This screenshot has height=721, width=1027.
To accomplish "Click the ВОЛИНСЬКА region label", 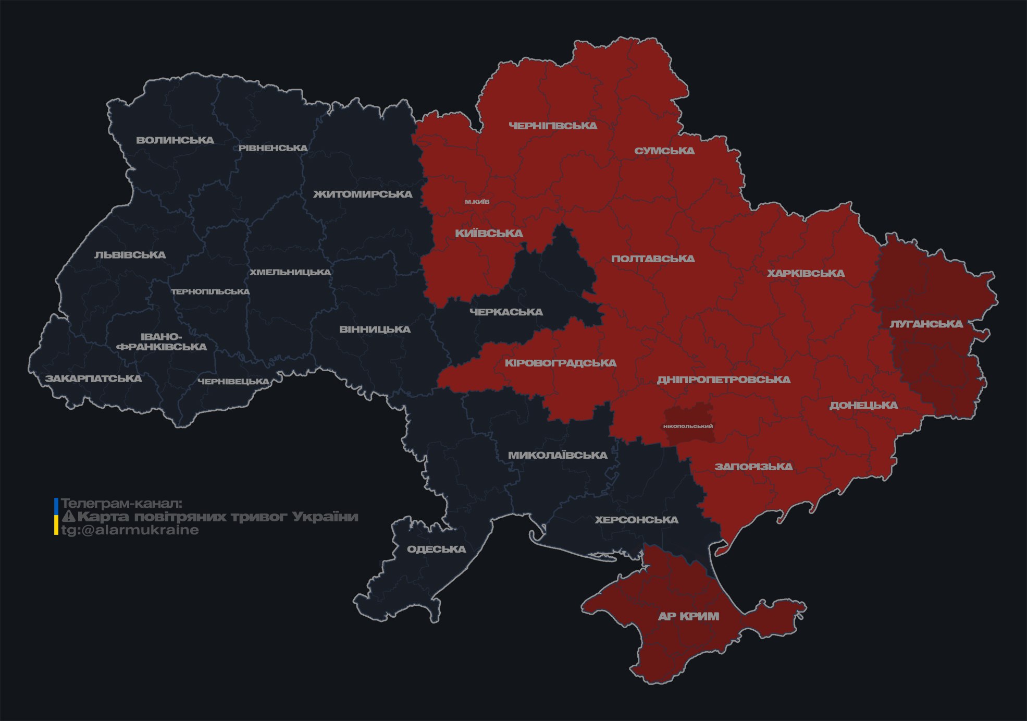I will [175, 140].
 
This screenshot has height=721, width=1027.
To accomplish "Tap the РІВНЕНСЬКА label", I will [273, 148].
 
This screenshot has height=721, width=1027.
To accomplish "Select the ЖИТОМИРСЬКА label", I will [363, 194].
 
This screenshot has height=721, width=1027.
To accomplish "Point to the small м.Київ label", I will [477, 202].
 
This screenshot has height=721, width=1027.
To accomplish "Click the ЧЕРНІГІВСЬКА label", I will [553, 126].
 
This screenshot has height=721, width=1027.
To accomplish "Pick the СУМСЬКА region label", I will [664, 151].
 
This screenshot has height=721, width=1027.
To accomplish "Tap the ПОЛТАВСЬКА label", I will [653, 259].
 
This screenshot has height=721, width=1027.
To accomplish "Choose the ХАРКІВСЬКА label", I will [806, 274].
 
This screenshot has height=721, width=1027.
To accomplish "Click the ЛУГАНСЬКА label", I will [926, 324].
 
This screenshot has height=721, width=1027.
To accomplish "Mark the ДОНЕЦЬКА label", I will [863, 406].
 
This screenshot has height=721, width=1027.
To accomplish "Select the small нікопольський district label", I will [688, 426].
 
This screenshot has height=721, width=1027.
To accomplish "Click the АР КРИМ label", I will [688, 617].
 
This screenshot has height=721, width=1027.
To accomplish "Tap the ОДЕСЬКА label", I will [436, 549].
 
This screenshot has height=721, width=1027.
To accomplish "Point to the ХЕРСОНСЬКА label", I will [636, 520].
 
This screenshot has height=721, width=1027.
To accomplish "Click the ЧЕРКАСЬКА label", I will [506, 312].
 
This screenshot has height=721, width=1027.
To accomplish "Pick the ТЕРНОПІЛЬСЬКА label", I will [211, 292].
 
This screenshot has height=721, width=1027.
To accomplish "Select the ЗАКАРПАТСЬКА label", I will [93, 378].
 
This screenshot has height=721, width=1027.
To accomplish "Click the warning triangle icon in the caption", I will [69, 517].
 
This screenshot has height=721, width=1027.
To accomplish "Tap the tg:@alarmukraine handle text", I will [130, 530].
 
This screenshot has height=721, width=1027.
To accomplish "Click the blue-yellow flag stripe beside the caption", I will [56, 517].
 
